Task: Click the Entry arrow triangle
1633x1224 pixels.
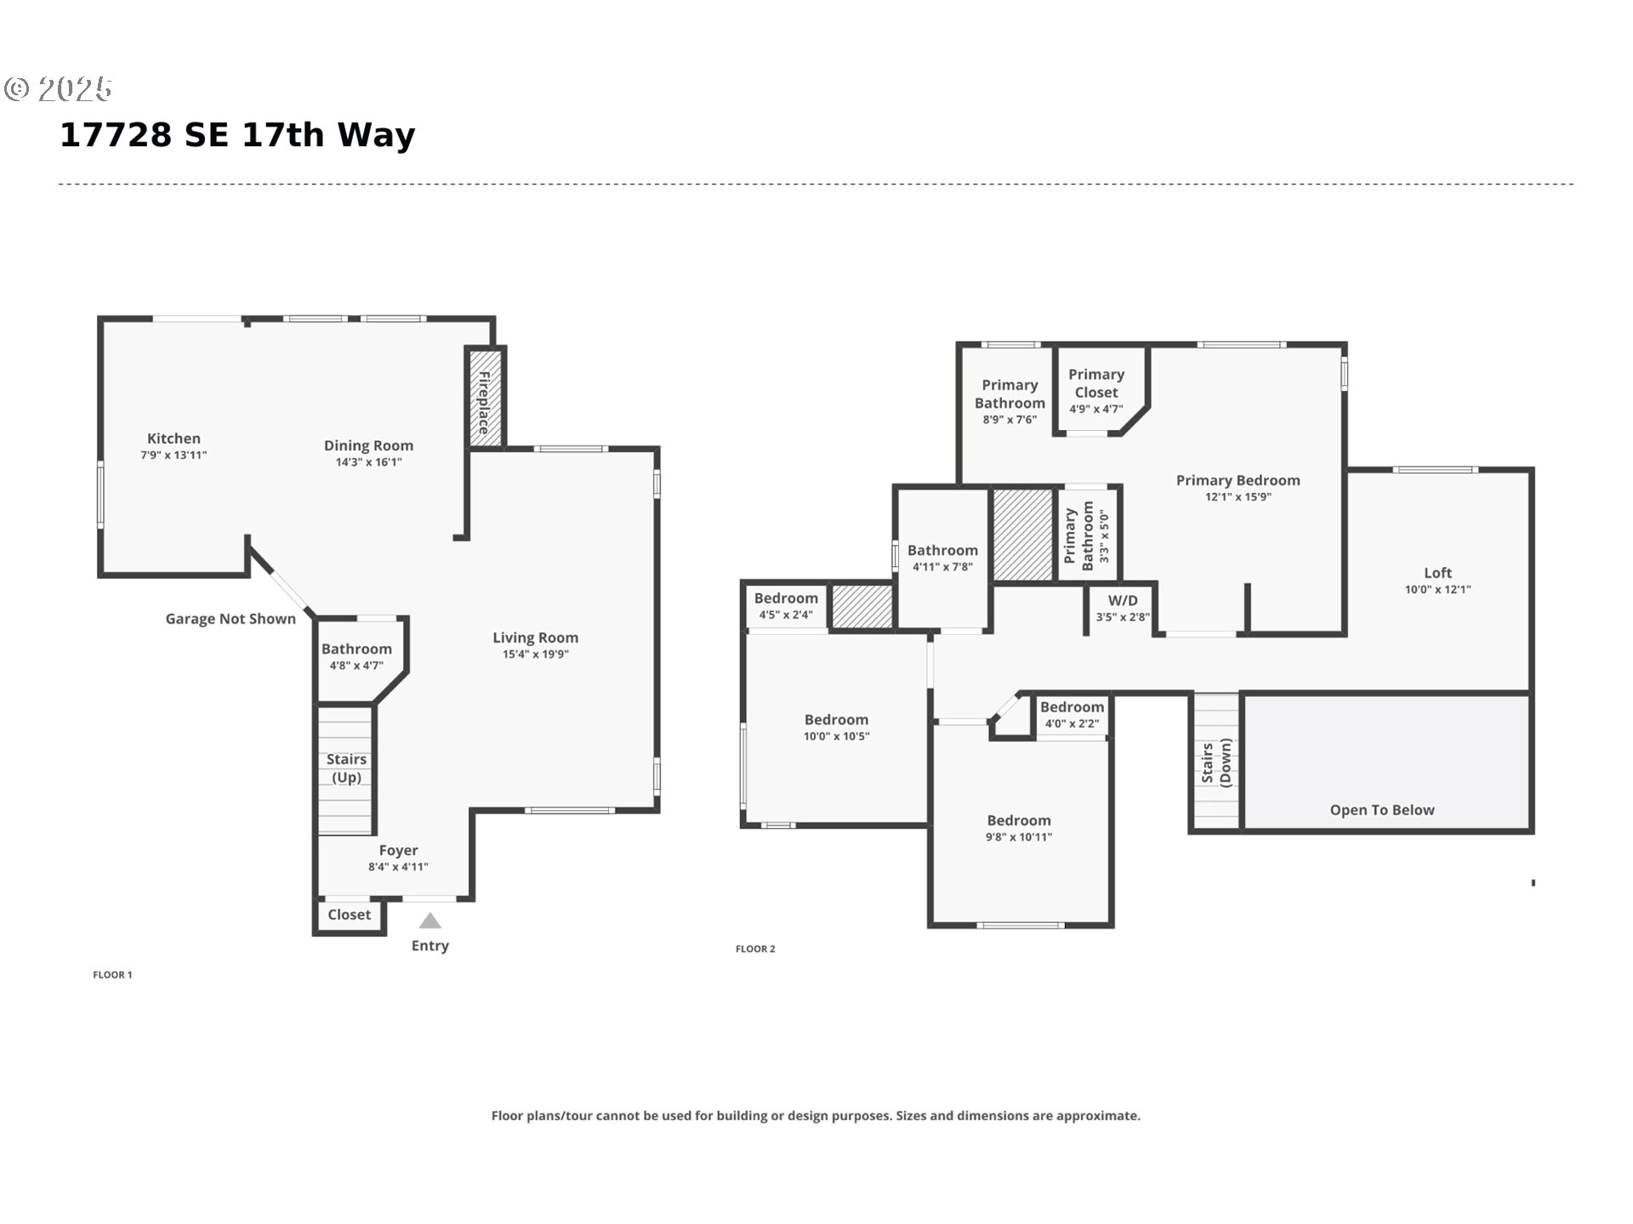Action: tap(430, 921)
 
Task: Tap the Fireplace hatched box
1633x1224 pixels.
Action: tap(485, 397)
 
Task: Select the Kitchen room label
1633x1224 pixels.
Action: tap(174, 439)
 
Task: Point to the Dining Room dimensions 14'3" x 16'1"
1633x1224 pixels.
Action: tap(368, 462)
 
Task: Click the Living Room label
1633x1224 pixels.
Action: tap(535, 637)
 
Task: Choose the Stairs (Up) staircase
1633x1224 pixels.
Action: tap(345, 770)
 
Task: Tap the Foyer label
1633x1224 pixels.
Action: tap(398, 850)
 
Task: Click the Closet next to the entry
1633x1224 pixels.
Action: tap(350, 915)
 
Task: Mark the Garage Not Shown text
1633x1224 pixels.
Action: tap(230, 619)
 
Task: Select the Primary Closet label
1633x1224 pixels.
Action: tap(1096, 383)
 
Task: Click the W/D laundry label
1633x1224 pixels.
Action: tap(1123, 601)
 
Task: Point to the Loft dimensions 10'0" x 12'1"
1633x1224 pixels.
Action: tap(1437, 589)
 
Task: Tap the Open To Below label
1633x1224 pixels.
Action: tap(1382, 810)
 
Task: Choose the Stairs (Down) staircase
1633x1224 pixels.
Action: tap(1216, 762)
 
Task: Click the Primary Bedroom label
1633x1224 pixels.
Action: tap(1238, 480)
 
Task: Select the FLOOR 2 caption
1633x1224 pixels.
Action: tap(755, 949)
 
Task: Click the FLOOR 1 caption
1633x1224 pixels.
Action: tap(112, 975)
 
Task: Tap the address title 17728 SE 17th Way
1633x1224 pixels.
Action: tap(237, 135)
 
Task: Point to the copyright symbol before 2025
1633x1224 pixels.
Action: tap(17, 88)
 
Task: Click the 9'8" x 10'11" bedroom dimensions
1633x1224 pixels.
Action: tap(1019, 837)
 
